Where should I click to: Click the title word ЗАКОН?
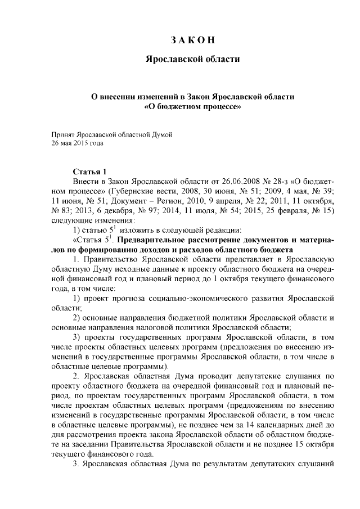click(193, 40)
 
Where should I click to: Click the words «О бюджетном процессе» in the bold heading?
click(193, 105)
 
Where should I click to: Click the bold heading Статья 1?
click(90, 171)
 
